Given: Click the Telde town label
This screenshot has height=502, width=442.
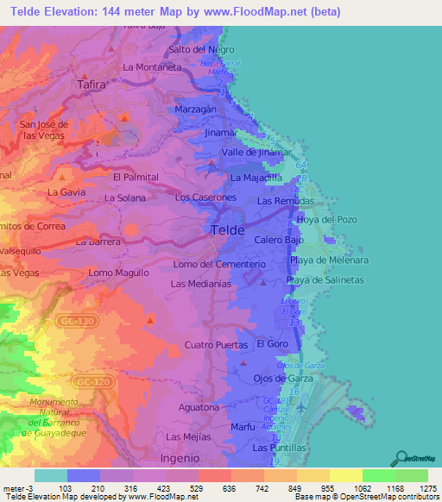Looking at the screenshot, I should (227, 231).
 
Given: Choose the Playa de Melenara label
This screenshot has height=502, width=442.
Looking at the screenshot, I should (329, 260).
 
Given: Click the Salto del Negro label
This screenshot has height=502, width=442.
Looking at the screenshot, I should (202, 49).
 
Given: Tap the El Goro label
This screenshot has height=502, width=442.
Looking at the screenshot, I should (272, 343).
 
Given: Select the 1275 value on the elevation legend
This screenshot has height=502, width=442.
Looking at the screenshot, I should (426, 488).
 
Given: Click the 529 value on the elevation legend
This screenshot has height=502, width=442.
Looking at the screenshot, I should (196, 488).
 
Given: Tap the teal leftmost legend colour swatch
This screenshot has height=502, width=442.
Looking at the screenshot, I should (50, 475).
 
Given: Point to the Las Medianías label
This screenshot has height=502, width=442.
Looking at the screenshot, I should (200, 283).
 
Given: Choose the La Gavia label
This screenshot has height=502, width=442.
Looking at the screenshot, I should (65, 191).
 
